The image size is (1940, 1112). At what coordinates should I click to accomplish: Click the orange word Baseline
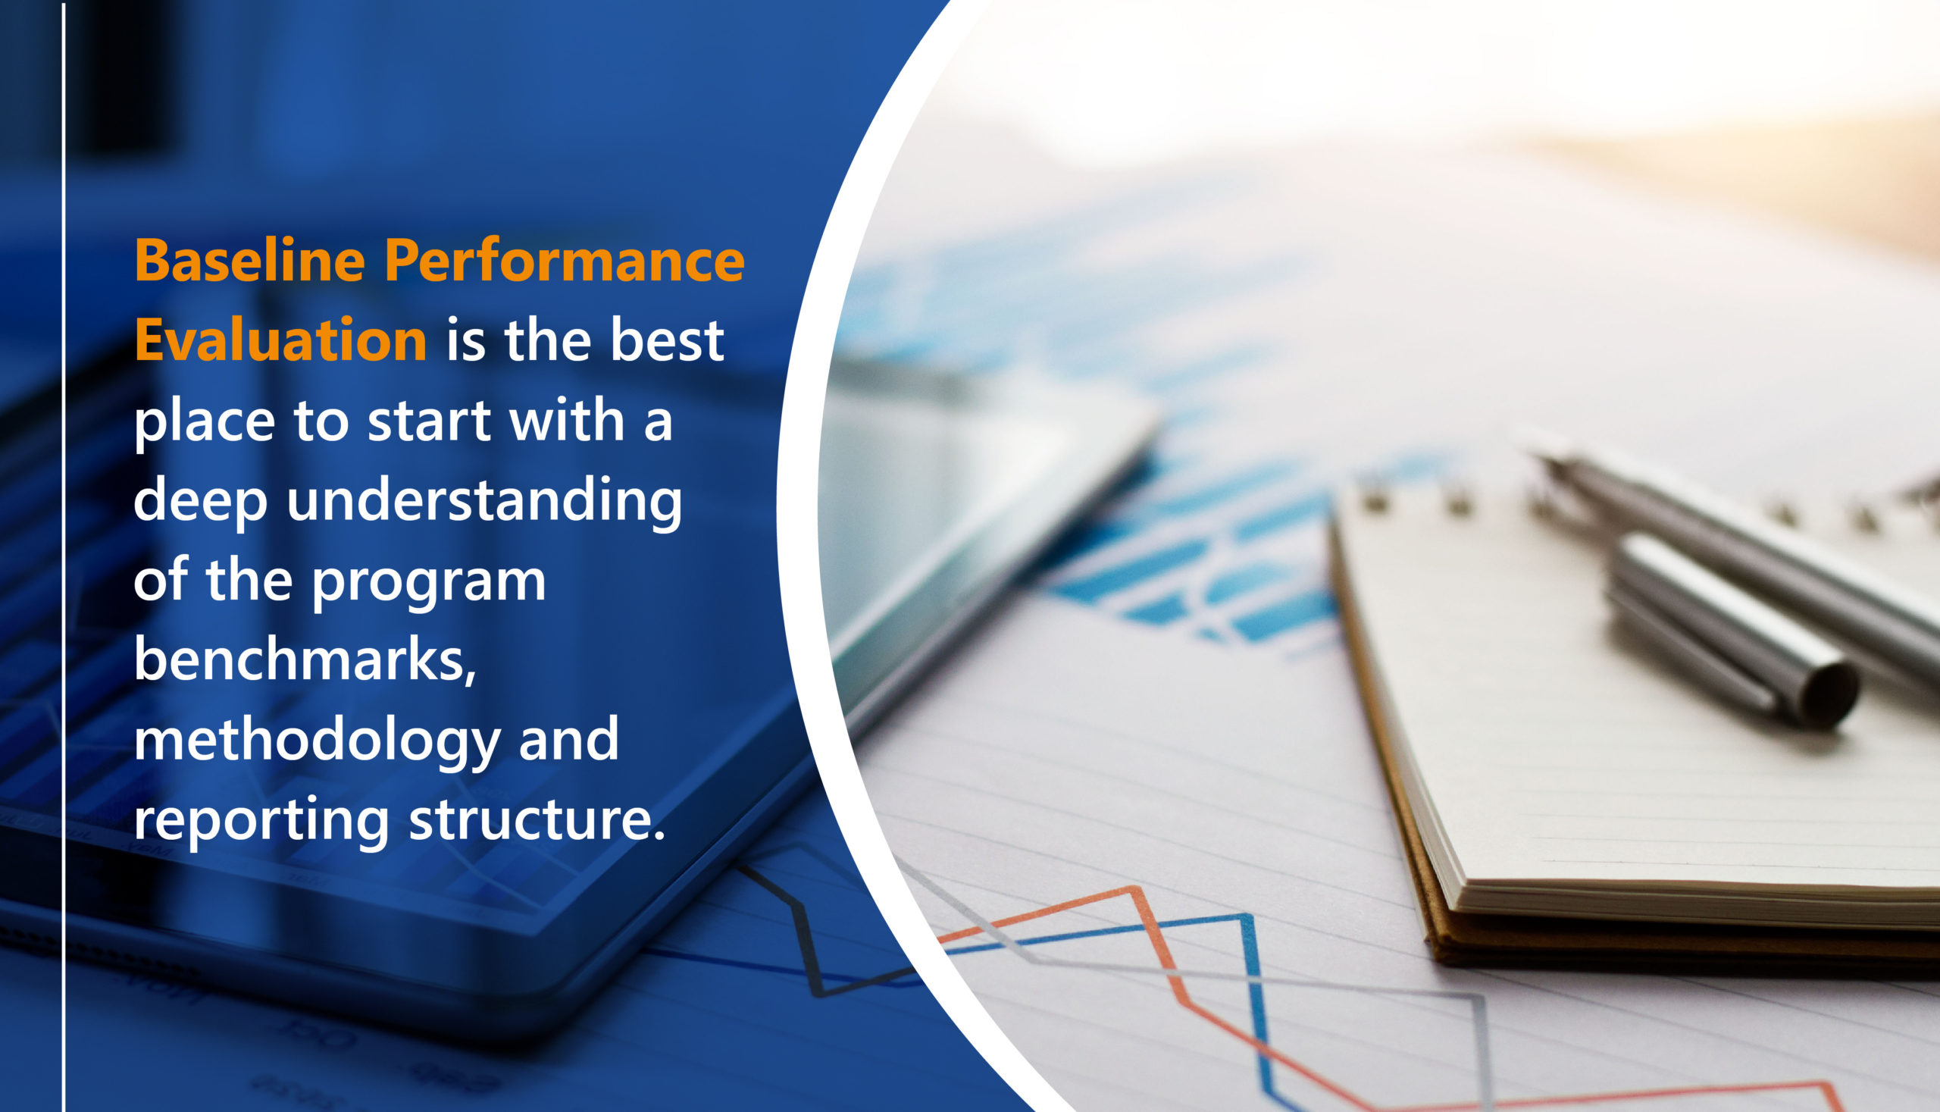tap(249, 261)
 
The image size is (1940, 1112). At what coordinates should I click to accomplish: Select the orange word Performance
tap(565, 261)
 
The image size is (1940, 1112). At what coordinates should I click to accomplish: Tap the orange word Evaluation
tap(281, 340)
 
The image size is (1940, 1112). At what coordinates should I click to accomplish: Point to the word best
tap(668, 340)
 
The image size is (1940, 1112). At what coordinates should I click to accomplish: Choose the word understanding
tap(484, 501)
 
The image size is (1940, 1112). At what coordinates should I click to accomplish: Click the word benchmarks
tap(305, 659)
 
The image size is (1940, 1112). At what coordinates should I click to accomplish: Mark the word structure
tap(537, 819)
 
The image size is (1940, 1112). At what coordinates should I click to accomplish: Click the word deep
tap(201, 501)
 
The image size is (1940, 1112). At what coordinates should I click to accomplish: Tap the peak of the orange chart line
tap(1134, 888)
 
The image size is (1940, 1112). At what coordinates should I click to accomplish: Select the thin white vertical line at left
tap(64, 556)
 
